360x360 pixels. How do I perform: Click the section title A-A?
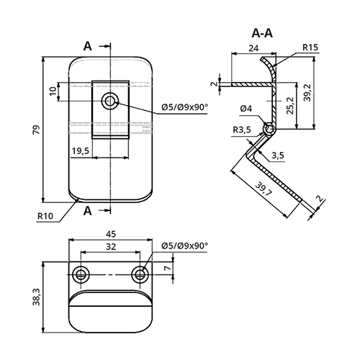click(x=262, y=33)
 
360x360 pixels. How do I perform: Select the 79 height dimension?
click(x=36, y=130)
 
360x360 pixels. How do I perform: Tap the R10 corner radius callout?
click(x=45, y=216)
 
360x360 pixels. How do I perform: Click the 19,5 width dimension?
click(x=81, y=151)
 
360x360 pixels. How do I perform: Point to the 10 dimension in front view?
click(x=53, y=91)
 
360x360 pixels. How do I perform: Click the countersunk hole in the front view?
click(x=110, y=101)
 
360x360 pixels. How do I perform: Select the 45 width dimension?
click(x=111, y=234)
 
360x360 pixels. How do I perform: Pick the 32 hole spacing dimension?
click(x=111, y=246)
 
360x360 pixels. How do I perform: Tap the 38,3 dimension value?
click(x=37, y=297)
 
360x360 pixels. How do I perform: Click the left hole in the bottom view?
click(x=81, y=274)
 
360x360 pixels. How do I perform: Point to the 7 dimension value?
click(x=168, y=268)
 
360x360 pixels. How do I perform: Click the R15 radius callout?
click(x=310, y=48)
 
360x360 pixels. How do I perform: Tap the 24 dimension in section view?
click(x=253, y=48)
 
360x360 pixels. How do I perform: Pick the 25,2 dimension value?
click(x=290, y=106)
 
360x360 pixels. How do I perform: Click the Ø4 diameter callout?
click(x=246, y=109)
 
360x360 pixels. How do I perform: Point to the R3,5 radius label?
click(x=242, y=130)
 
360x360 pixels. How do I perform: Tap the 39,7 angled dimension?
click(x=264, y=189)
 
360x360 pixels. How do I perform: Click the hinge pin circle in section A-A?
click(x=269, y=129)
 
